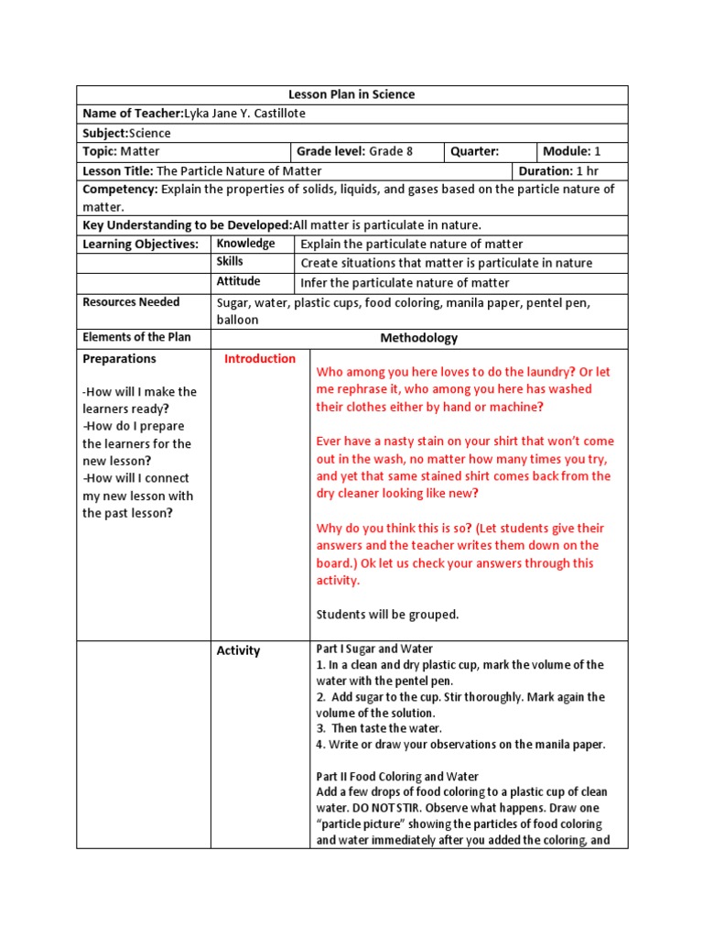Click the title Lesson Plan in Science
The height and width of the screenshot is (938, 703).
coord(351,94)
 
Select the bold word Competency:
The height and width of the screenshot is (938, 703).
coord(120,190)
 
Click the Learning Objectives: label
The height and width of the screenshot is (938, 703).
coord(140,245)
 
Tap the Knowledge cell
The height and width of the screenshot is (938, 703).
coord(245,244)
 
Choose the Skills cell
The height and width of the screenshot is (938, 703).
coord(230,262)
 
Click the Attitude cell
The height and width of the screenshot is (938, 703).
coord(238,281)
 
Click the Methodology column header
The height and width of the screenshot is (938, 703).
coord(418,338)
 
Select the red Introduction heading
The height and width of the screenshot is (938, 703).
coord(260,359)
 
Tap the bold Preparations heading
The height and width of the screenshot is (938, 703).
coord(119,359)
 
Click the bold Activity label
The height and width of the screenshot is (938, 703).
coord(238,651)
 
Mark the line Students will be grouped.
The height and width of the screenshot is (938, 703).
coord(387,615)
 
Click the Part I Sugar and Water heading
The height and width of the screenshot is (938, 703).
coord(374,649)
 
